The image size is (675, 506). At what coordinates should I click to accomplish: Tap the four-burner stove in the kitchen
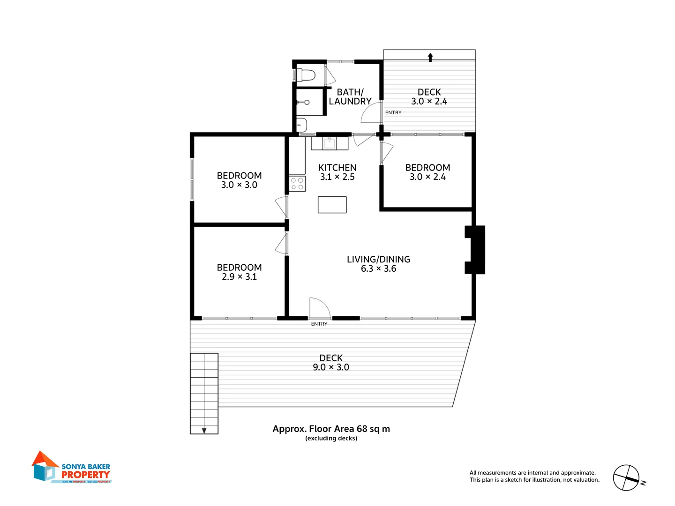(x=297, y=184)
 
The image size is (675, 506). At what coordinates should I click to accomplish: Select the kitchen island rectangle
(x=332, y=205)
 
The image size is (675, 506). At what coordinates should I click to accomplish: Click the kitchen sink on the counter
(x=330, y=142)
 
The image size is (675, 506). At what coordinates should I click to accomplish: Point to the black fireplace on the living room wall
(x=475, y=250)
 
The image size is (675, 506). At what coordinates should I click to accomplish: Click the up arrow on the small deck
(x=430, y=57)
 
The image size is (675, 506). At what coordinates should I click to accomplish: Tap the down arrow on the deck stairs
(x=204, y=430)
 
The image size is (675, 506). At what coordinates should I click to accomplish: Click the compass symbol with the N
(x=627, y=478)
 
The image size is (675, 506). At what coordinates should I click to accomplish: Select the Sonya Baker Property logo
(x=71, y=468)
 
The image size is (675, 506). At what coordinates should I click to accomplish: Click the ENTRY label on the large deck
(x=319, y=324)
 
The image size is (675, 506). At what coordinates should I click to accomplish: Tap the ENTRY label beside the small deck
(x=393, y=112)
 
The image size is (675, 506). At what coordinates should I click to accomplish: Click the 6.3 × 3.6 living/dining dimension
(x=378, y=269)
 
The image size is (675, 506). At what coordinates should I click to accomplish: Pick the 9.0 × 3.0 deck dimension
(x=331, y=367)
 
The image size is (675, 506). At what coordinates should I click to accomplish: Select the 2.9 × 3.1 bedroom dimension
(x=239, y=277)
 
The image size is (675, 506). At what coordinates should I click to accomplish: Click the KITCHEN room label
(x=337, y=168)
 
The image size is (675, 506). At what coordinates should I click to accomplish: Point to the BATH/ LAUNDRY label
(x=350, y=97)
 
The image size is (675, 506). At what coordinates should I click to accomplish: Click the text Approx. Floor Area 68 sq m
(x=331, y=429)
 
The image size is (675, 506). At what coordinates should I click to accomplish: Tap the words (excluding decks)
(x=331, y=439)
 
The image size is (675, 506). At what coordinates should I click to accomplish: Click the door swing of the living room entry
(x=320, y=307)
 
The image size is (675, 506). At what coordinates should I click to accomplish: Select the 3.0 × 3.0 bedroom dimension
(x=239, y=185)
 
